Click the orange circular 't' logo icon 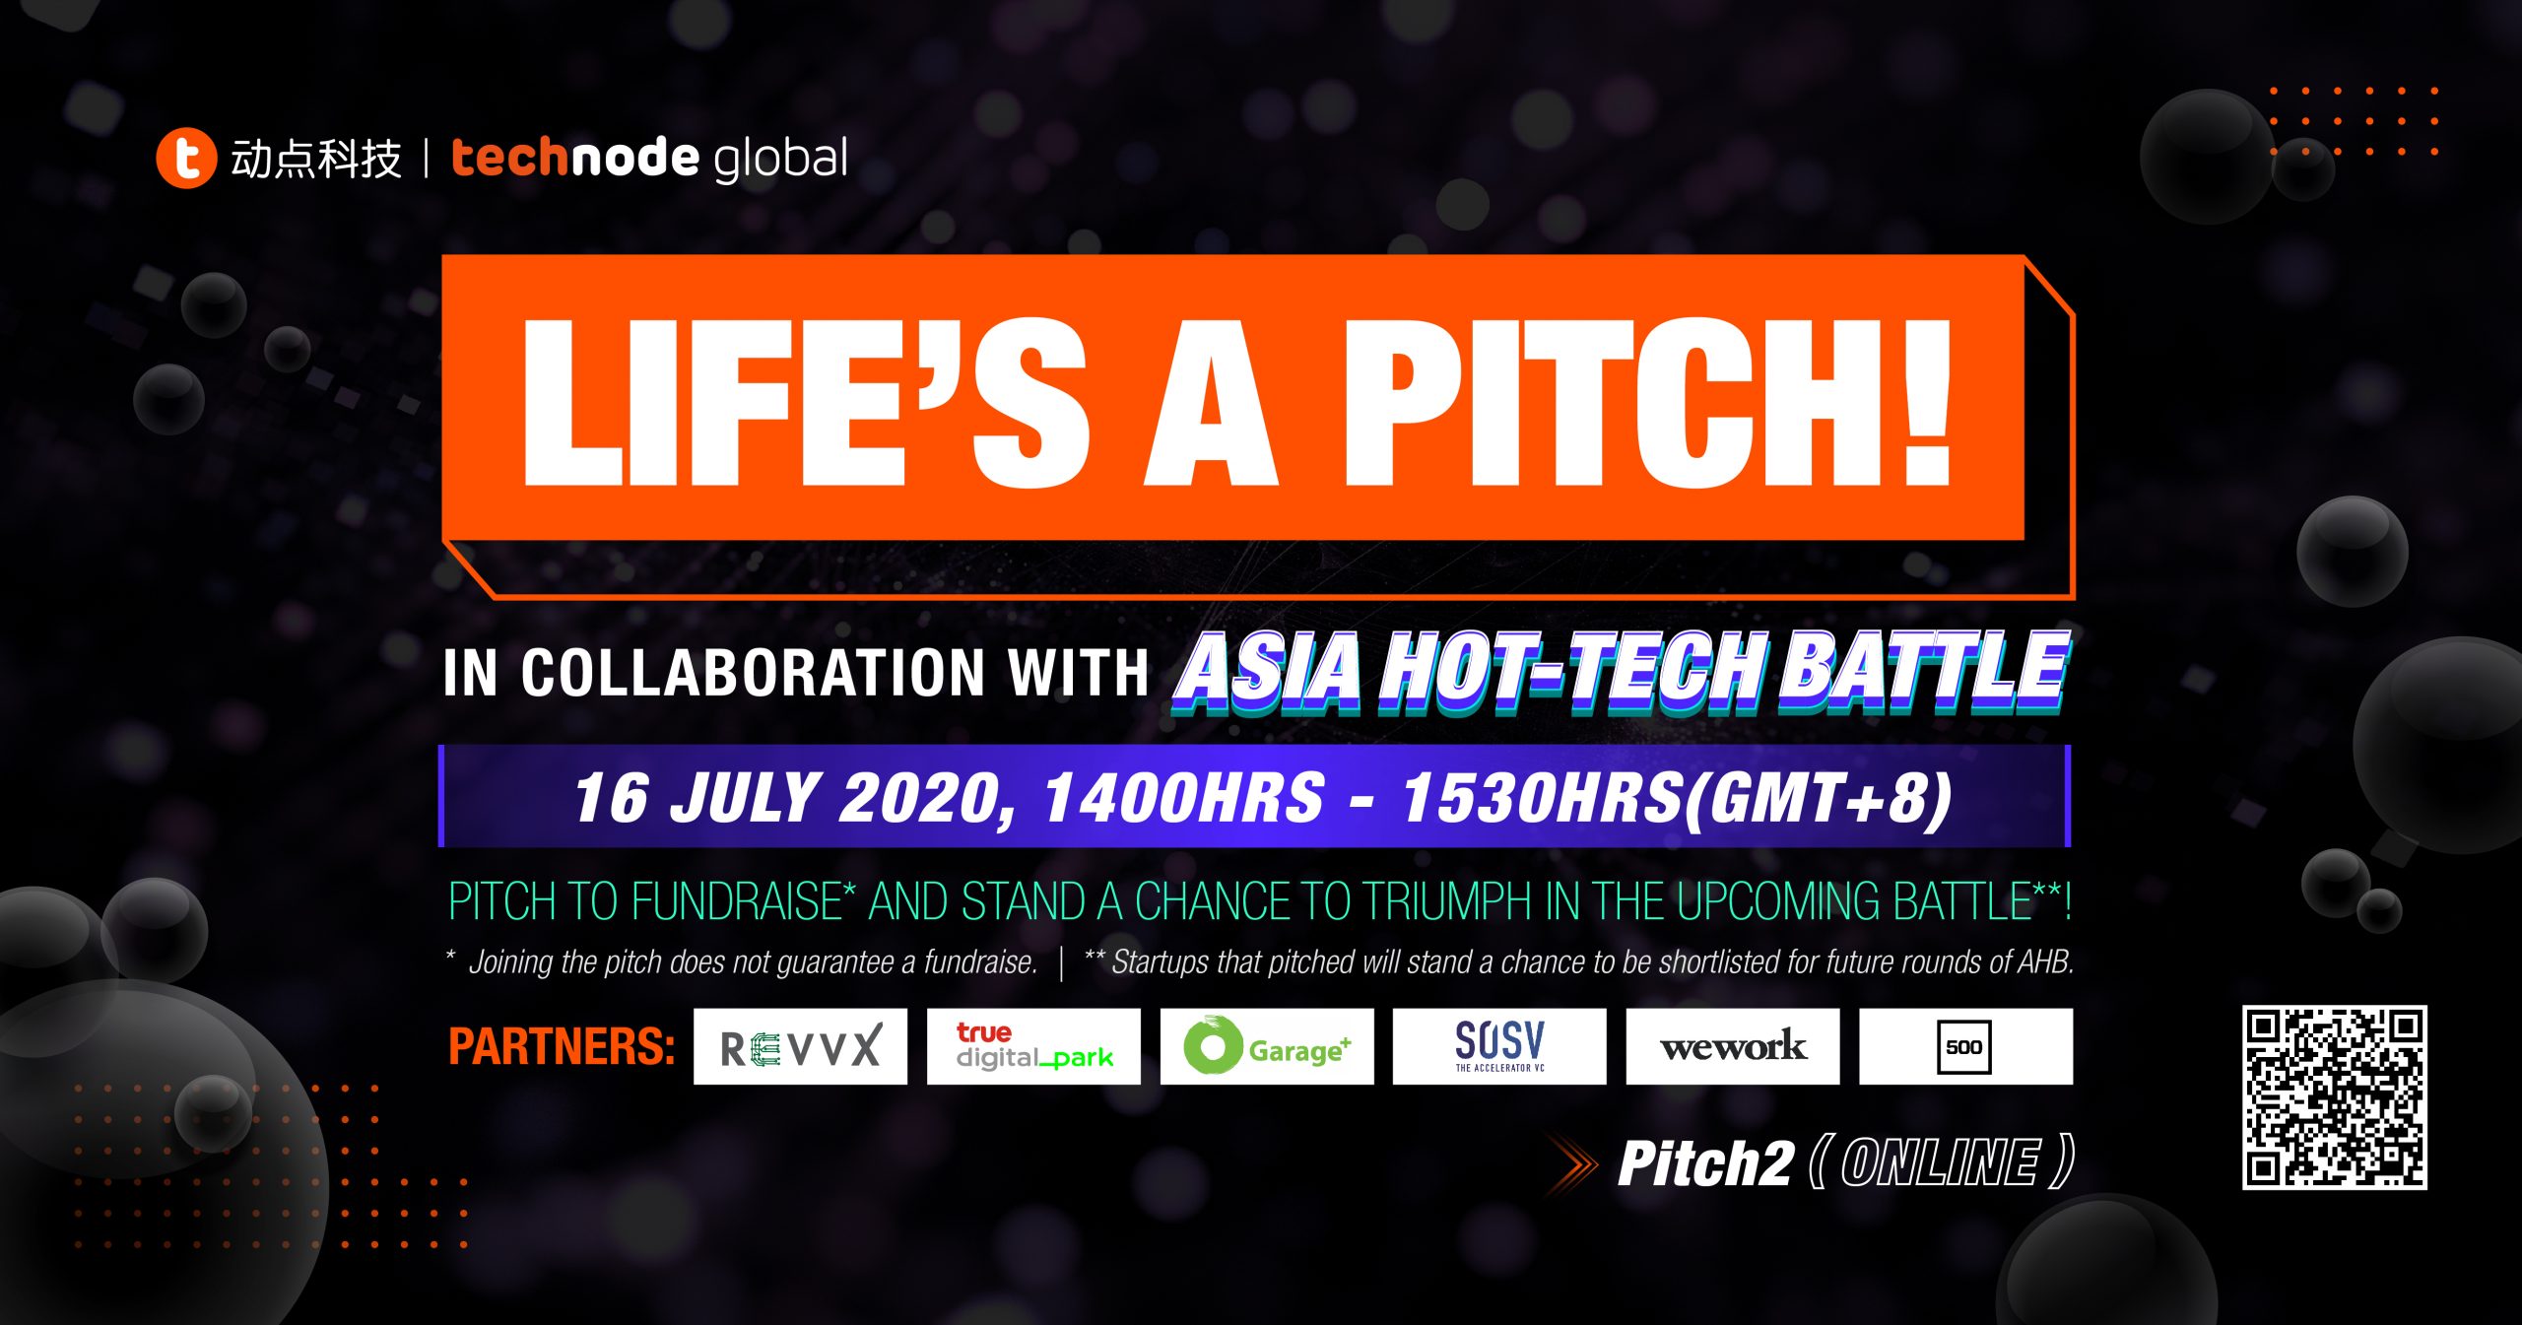[x=186, y=158]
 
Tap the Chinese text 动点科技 [x=316, y=159]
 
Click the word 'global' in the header [x=780, y=159]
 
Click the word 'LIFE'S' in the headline [x=807, y=403]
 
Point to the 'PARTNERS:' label [x=562, y=1046]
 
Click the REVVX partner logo [x=800, y=1046]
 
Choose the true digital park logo [x=1033, y=1046]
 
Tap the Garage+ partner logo [x=1267, y=1046]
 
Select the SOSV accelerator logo [x=1499, y=1046]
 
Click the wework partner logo [x=1733, y=1046]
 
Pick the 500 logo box [x=1966, y=1046]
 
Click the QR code [x=2335, y=1097]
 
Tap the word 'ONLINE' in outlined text [x=1939, y=1163]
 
